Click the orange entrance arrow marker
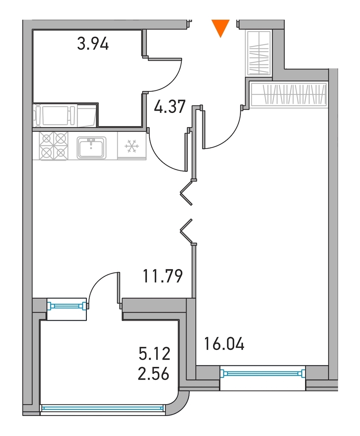[x=220, y=28]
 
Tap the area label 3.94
[x=93, y=44]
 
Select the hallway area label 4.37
[x=170, y=106]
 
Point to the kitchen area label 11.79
[x=162, y=276]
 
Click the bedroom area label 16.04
[x=224, y=344]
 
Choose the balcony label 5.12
[x=154, y=354]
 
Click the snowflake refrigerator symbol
[x=132, y=146]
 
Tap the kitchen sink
[x=91, y=147]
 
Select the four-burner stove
[x=54, y=146]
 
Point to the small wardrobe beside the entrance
[x=259, y=53]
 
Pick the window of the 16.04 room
[x=262, y=373]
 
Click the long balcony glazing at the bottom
[x=102, y=408]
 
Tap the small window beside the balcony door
[x=67, y=306]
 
